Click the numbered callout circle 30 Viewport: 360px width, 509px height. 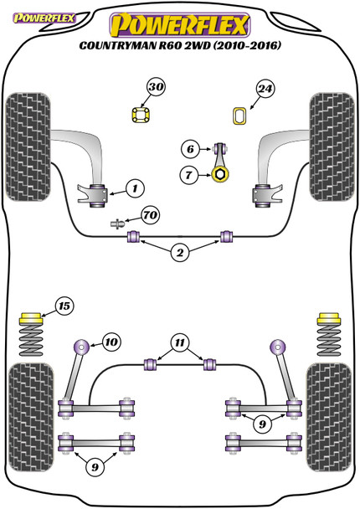point(157,87)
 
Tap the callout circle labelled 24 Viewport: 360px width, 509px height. point(265,89)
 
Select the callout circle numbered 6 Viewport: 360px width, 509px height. point(190,149)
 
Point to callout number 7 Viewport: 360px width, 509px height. point(189,175)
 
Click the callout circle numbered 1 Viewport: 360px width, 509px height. point(135,188)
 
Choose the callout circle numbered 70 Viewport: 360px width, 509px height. point(151,215)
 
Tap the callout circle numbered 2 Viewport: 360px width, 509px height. point(180,253)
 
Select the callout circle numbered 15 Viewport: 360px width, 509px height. point(64,306)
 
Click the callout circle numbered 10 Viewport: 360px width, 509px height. point(111,342)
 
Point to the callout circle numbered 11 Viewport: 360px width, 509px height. point(180,342)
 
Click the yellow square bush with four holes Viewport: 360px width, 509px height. point(141,115)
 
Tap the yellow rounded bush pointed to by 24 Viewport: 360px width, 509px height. point(239,116)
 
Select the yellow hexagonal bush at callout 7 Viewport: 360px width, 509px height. point(220,175)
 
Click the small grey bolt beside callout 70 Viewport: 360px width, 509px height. point(117,224)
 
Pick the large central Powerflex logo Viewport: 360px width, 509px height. point(180,25)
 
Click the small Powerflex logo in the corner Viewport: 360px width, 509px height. point(44,18)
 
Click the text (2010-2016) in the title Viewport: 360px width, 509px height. point(247,45)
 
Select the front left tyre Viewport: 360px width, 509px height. point(28,147)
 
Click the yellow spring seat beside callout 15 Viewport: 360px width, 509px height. point(31,318)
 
